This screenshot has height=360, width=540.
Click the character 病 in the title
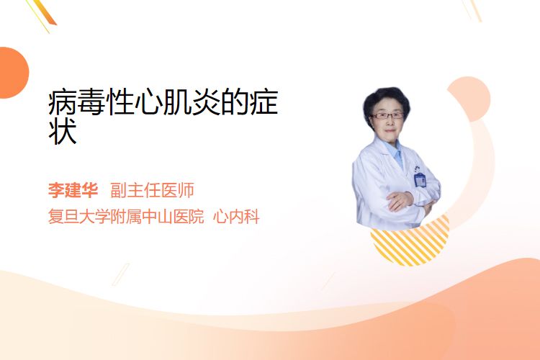63,102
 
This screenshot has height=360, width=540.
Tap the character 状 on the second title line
63,132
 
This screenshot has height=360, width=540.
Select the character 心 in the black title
149,102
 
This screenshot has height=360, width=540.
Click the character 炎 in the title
207,102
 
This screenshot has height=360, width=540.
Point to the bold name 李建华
73,190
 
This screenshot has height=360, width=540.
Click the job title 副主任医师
152,190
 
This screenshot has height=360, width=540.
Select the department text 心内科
236,217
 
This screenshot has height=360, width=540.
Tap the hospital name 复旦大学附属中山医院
126,217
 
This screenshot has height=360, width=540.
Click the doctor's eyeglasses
387,116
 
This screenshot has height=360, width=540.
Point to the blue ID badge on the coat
420,179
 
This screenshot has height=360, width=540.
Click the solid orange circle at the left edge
13,73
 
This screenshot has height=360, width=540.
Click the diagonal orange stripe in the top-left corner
44,13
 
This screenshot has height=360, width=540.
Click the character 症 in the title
264,102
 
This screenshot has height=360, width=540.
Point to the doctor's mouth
390,131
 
